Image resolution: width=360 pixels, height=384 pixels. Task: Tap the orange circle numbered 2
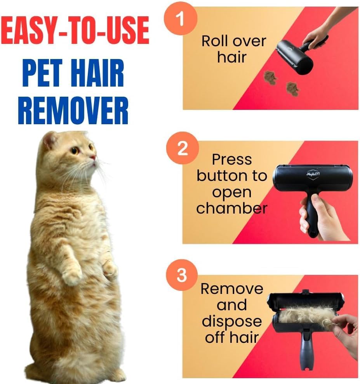pyautogui.click(x=183, y=148)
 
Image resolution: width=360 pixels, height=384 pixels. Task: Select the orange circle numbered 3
pyautogui.click(x=181, y=275)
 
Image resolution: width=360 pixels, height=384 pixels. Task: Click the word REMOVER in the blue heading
pyautogui.click(x=73, y=110)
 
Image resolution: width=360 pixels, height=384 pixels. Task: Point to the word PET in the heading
pyautogui.click(x=42, y=73)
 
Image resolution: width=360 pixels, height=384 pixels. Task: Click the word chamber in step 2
pyautogui.click(x=231, y=208)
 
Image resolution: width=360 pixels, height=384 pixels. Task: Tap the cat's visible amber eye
pyautogui.click(x=75, y=150)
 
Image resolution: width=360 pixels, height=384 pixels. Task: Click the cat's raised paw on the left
pyautogui.click(x=72, y=276)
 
